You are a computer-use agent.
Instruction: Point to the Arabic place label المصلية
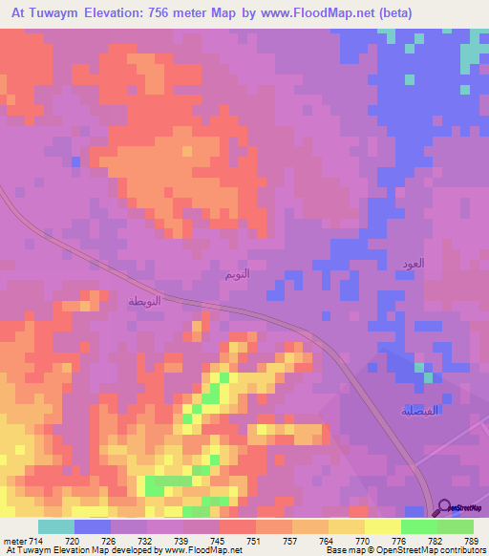pos(419,411)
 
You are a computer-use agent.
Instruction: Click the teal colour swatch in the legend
pos(55,525)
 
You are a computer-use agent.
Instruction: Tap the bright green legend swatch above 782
pos(419,525)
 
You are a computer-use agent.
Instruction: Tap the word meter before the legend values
pos(13,539)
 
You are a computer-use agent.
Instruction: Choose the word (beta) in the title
pos(457,14)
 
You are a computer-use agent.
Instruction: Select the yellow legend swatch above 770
pos(347,525)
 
